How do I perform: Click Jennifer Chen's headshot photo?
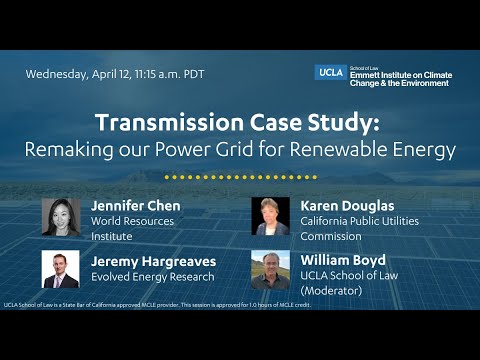(x=60, y=217)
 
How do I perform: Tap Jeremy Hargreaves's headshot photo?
(x=60, y=268)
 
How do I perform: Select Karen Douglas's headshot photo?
(x=270, y=217)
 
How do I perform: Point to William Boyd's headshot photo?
(x=270, y=268)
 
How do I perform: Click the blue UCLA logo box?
(x=330, y=71)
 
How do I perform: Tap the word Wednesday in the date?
(x=58, y=74)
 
